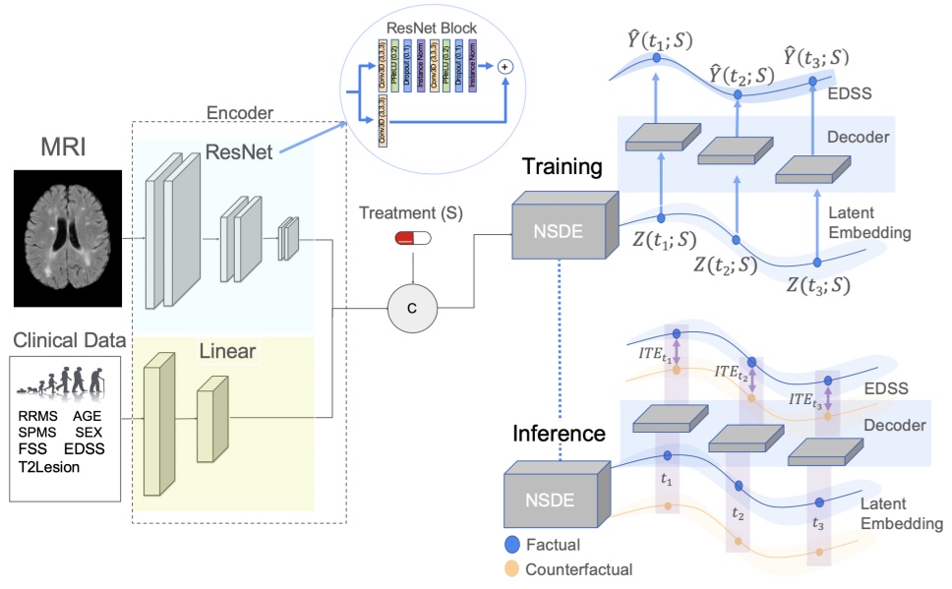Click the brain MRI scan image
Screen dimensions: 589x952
[x=67, y=237]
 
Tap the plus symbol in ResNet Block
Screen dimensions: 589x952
[x=507, y=66]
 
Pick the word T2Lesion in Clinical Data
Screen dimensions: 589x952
[x=49, y=467]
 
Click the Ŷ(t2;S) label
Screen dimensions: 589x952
[x=742, y=75]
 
